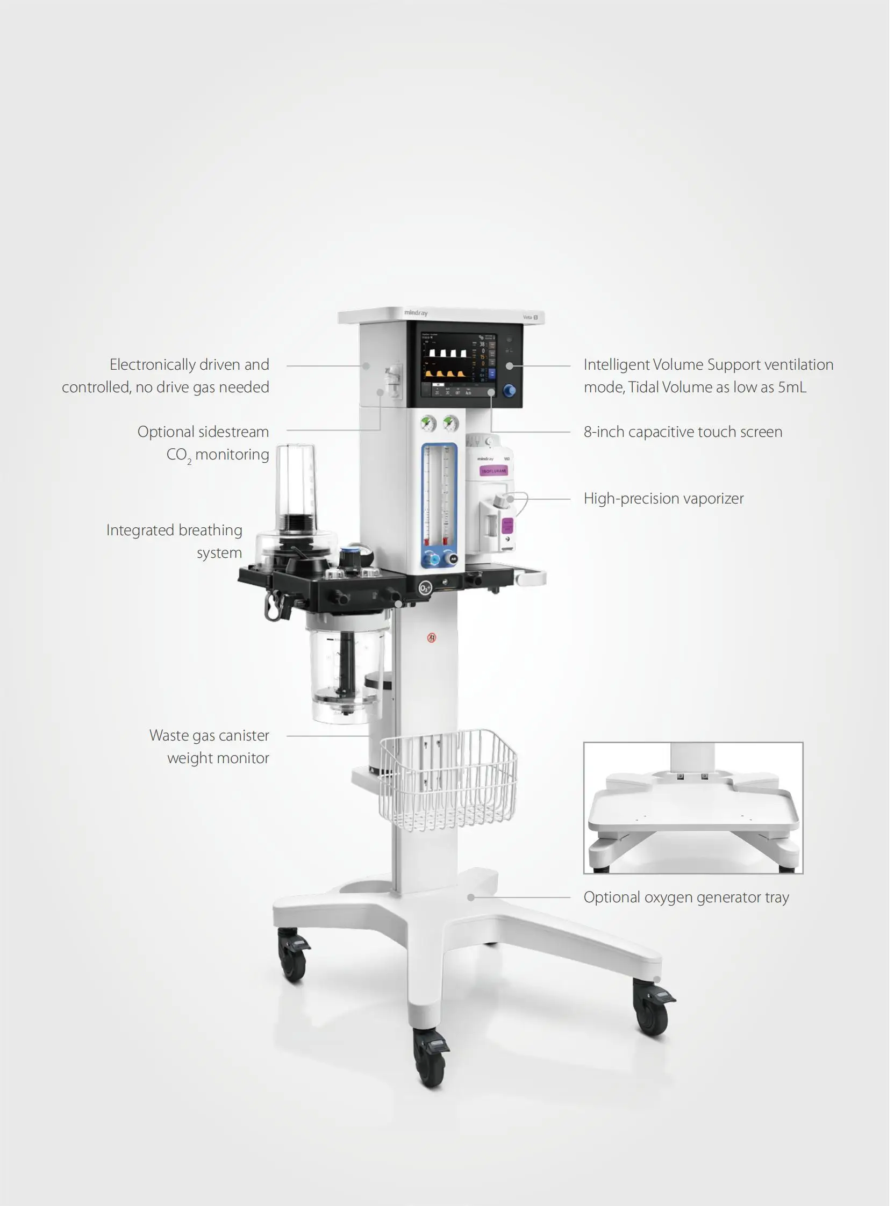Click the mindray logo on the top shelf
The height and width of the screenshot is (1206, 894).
click(417, 314)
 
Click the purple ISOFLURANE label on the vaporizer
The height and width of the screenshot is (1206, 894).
click(496, 473)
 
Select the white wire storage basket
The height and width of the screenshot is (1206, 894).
click(450, 781)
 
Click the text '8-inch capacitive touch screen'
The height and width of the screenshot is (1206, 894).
click(685, 433)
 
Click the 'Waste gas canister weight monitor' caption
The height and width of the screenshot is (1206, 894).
click(211, 750)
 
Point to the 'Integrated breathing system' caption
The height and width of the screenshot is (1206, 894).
click(175, 544)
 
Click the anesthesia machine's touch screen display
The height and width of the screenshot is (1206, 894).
click(460, 366)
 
